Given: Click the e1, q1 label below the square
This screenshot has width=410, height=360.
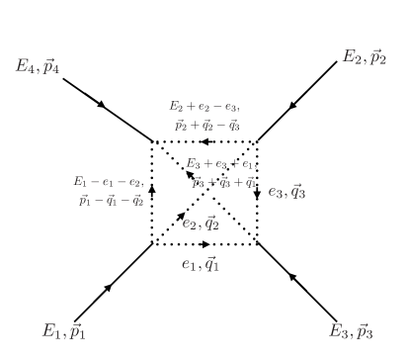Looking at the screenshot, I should [204, 264].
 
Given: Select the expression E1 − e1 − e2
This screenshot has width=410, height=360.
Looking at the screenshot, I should [110, 181].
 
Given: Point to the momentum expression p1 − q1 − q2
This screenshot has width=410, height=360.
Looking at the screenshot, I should [112, 200].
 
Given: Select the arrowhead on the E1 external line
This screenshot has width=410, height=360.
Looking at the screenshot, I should [110, 286].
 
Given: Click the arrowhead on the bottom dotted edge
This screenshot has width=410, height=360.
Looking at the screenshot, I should [204, 244].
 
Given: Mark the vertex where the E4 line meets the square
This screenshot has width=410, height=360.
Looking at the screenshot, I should [152, 142].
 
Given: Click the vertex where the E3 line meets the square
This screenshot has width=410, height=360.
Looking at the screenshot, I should [257, 244].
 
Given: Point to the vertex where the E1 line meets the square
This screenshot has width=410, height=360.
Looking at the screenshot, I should [152, 244].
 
